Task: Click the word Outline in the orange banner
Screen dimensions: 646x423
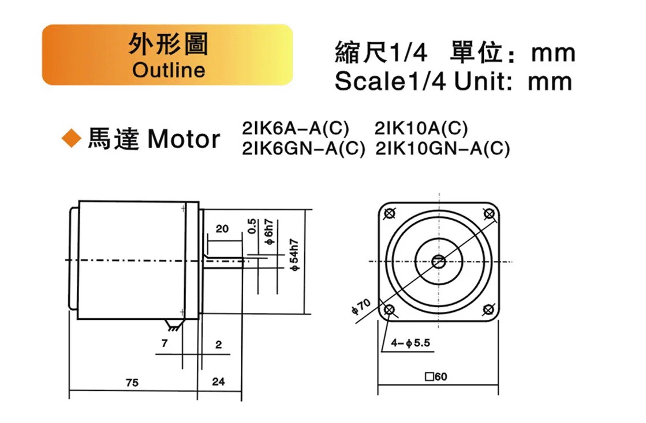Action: pyautogui.click(x=169, y=70)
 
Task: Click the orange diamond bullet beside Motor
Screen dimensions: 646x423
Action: pyautogui.click(x=71, y=138)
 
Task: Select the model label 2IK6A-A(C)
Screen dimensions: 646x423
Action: pyautogui.click(x=296, y=129)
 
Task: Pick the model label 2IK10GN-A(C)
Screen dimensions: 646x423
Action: pyautogui.click(x=442, y=149)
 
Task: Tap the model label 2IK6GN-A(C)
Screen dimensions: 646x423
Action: pyautogui.click(x=304, y=149)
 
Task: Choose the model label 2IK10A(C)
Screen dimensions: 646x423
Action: pyautogui.click(x=421, y=129)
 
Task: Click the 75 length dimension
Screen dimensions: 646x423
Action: pyautogui.click(x=132, y=383)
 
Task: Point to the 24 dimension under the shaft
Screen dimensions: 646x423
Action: pyautogui.click(x=218, y=382)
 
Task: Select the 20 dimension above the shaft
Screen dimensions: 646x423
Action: pyautogui.click(x=222, y=229)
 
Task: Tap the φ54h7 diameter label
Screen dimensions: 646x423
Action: pyautogui.click(x=294, y=255)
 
